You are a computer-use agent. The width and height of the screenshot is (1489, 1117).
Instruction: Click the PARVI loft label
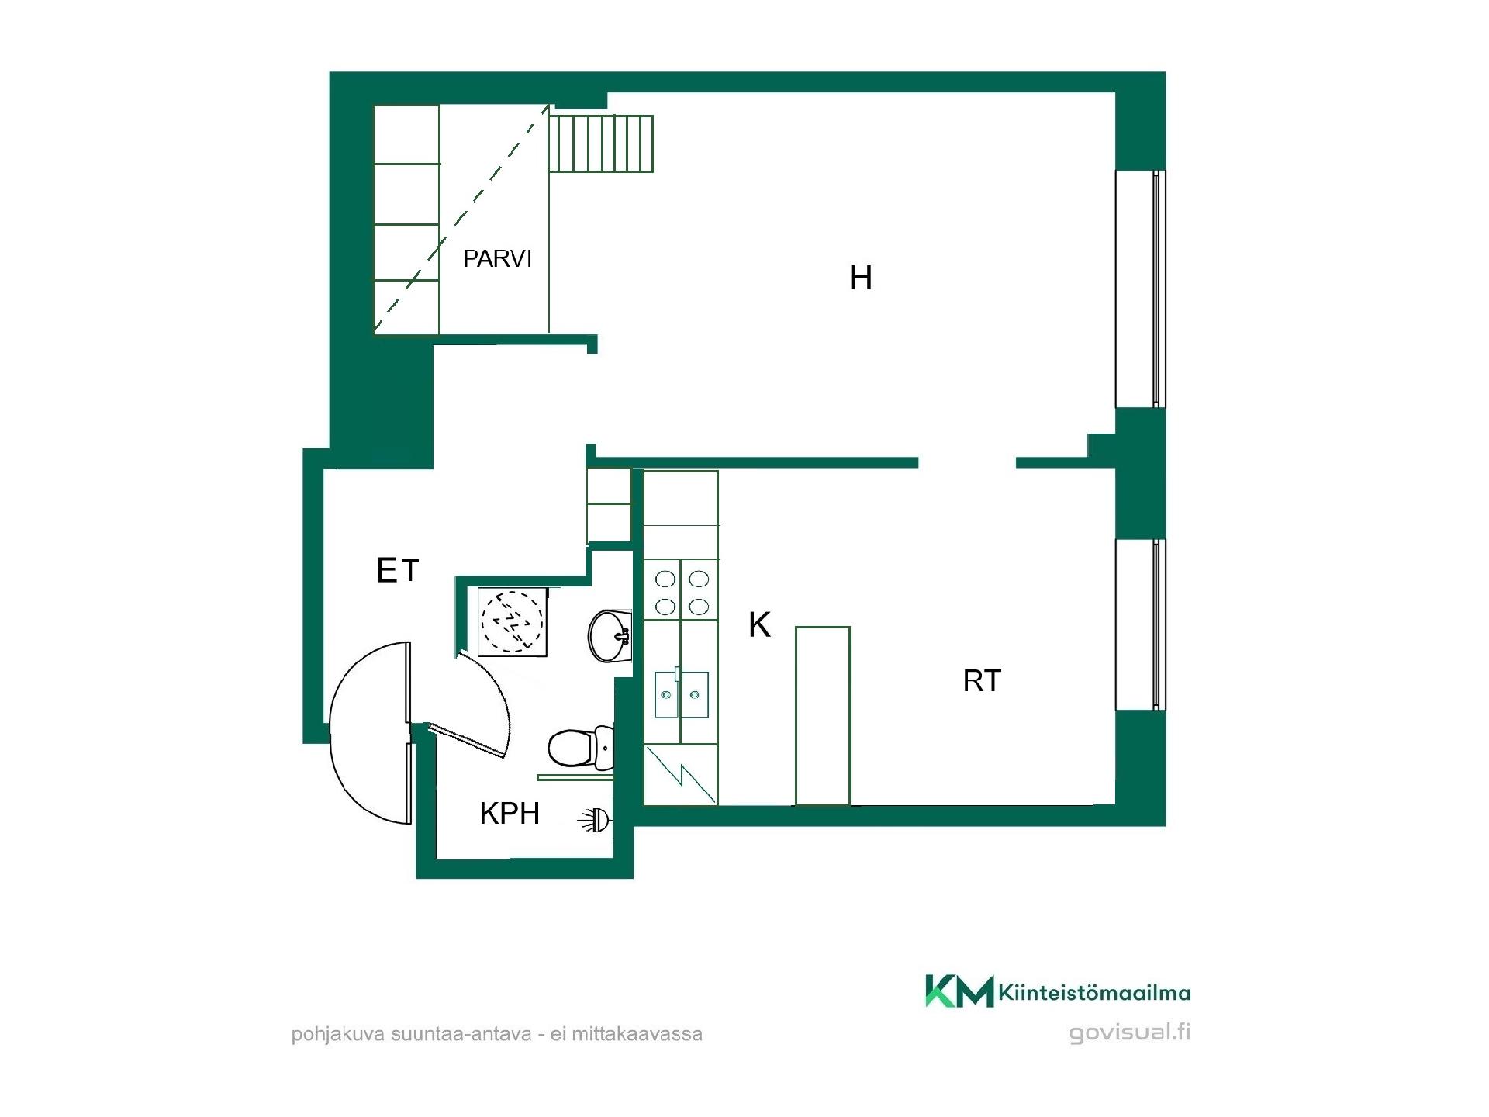point(497,258)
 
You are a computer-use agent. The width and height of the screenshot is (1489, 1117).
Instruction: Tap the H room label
point(861,278)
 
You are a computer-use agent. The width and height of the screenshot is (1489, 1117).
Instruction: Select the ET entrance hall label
point(397,571)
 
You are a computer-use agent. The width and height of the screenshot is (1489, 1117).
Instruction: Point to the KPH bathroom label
point(510,813)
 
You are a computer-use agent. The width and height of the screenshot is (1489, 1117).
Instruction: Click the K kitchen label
point(759,624)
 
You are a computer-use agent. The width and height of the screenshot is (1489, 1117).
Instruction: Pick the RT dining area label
point(982,681)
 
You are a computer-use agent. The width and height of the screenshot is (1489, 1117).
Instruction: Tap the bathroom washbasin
point(610,636)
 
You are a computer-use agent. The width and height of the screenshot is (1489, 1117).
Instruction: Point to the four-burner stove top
point(682,591)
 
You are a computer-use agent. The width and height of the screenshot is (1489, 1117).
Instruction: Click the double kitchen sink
point(682,693)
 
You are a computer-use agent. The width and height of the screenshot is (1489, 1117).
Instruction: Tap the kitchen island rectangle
point(823,716)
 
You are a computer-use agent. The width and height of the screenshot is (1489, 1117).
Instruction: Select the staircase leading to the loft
point(601,144)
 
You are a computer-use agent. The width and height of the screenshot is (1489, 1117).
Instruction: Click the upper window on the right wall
point(1140,289)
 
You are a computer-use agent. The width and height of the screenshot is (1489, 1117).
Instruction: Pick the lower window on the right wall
point(1140,624)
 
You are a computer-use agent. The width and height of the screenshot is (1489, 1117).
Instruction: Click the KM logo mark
point(959,991)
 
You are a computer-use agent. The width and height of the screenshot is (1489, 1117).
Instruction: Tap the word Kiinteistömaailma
point(1095,992)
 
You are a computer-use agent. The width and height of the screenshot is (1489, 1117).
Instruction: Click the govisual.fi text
point(1130,1033)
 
